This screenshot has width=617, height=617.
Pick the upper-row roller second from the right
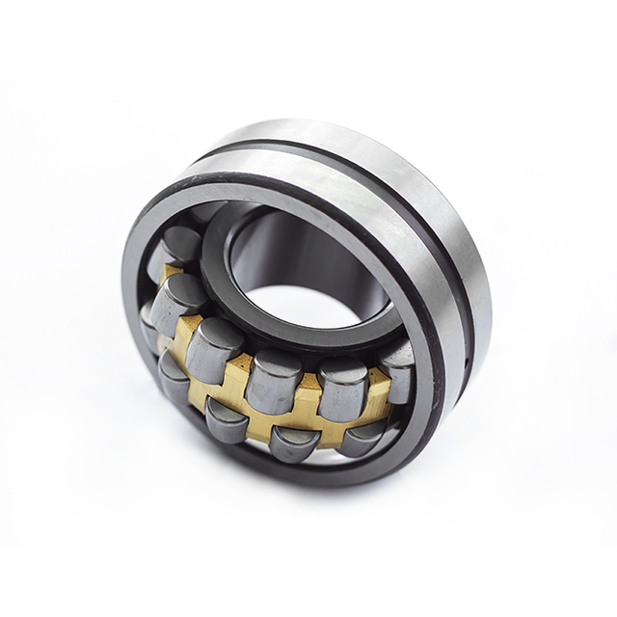pyautogui.click(x=343, y=387)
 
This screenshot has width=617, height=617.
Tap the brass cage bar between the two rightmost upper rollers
pyautogui.click(x=376, y=390)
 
